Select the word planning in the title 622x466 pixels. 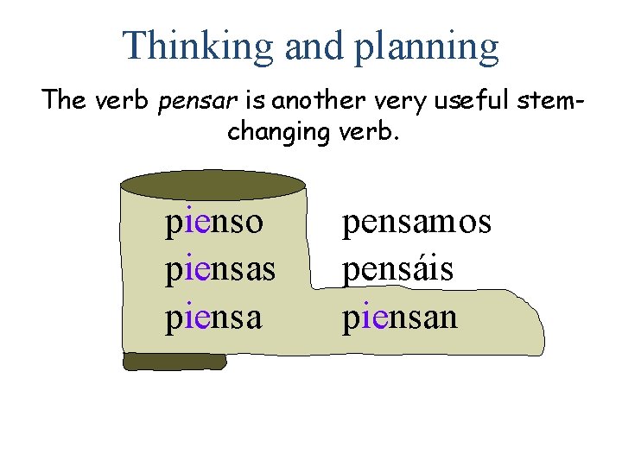(x=426, y=47)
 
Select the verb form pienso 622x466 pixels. (x=214, y=223)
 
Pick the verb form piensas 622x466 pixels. (x=220, y=270)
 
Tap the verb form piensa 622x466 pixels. (x=213, y=318)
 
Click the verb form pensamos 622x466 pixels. (x=416, y=222)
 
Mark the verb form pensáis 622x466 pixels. (x=398, y=269)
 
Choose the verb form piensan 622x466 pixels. (x=400, y=318)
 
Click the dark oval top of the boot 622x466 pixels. (x=213, y=184)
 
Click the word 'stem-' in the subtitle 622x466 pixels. (x=549, y=101)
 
